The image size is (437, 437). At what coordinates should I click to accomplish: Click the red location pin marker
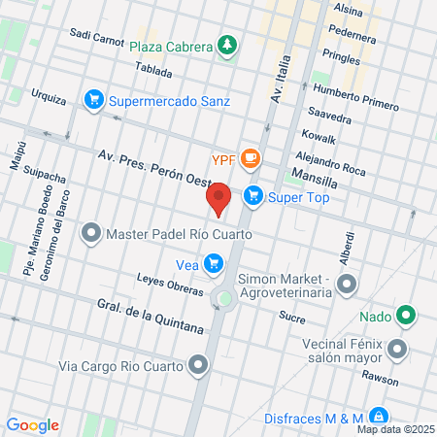pyautogui.click(x=219, y=198)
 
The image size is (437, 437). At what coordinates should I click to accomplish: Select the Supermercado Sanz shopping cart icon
pyautogui.click(x=94, y=99)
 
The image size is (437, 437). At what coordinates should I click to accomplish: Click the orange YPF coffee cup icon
pyautogui.click(x=251, y=157)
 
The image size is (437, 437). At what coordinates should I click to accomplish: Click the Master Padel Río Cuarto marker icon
pyautogui.click(x=91, y=234)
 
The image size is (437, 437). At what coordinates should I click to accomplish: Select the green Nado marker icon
pyautogui.click(x=407, y=315)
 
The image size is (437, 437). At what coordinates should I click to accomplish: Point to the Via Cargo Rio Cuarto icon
pyautogui.click(x=198, y=366)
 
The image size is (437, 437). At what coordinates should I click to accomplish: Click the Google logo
pyautogui.click(x=32, y=424)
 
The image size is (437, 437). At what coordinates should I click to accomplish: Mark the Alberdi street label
pyautogui.click(x=347, y=249)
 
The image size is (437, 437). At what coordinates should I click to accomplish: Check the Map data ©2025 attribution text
pyautogui.click(x=392, y=429)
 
